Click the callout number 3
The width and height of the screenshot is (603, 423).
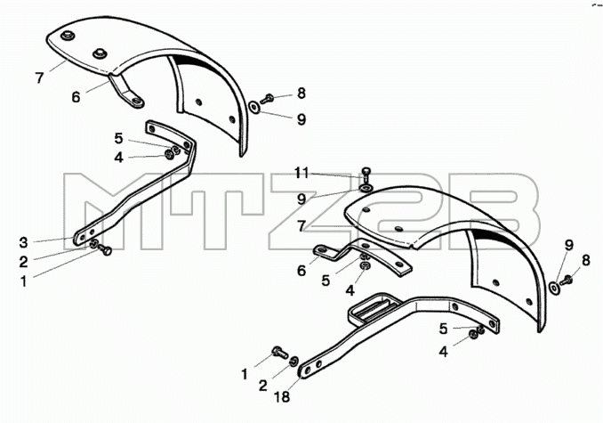[23, 243]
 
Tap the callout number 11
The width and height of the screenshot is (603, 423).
[301, 173]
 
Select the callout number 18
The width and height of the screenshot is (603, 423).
[283, 396]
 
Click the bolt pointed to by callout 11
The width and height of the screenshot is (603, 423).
[365, 174]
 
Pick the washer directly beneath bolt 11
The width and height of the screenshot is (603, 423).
[365, 188]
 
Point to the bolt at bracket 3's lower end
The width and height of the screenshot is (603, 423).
[104, 249]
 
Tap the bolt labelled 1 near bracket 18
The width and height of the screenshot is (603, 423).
[279, 352]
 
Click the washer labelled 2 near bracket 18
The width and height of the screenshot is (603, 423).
[293, 361]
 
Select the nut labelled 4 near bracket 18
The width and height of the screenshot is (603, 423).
[474, 335]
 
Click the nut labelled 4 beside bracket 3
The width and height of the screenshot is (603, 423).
[169, 155]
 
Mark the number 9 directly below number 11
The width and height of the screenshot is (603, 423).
[301, 199]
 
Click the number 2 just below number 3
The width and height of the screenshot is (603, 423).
[23, 262]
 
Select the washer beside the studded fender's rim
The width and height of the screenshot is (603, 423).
[254, 108]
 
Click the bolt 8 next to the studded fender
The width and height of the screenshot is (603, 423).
[267, 99]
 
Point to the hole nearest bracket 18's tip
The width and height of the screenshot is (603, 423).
[307, 370]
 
